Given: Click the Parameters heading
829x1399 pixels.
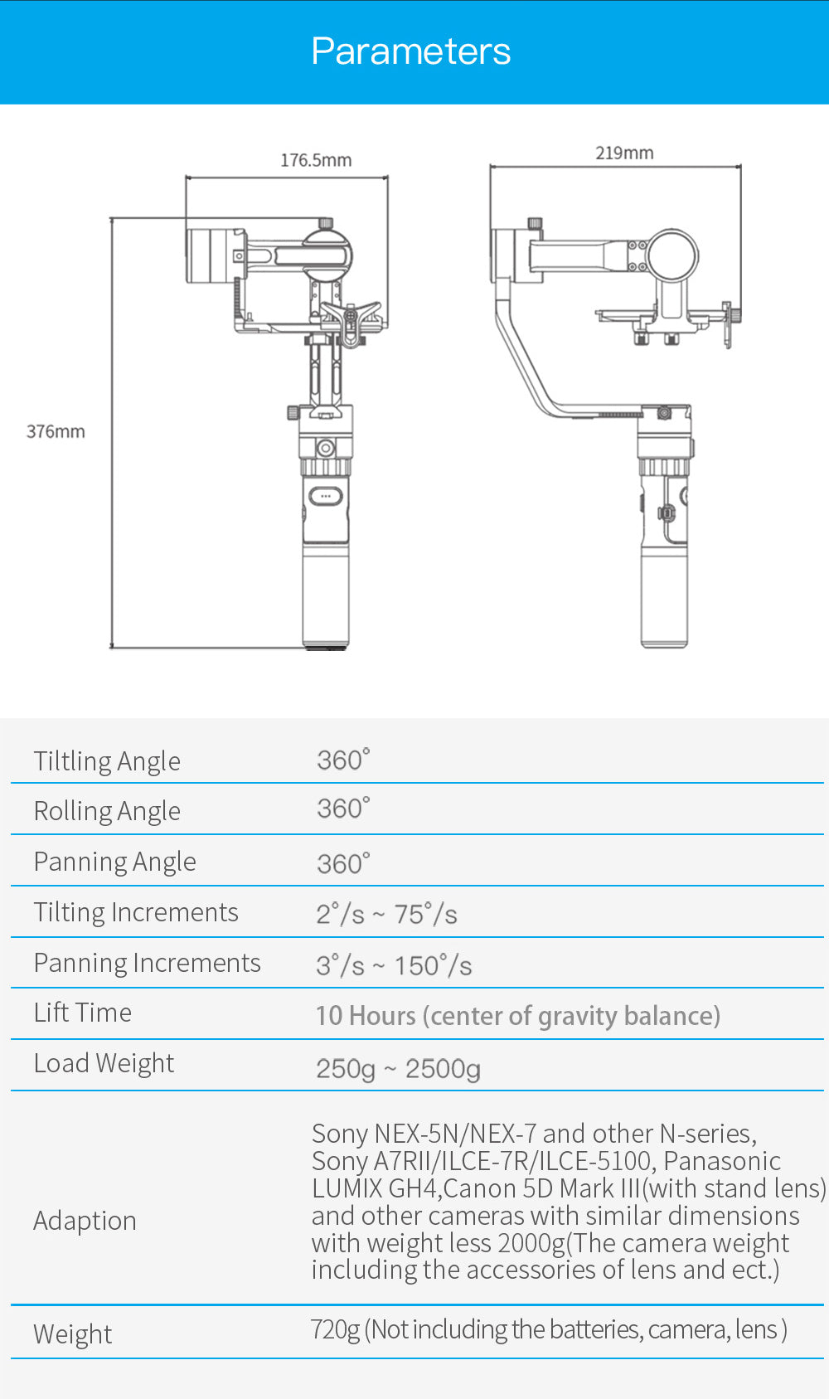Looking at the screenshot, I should [x=410, y=51].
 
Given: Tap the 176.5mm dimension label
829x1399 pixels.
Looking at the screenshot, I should [x=315, y=160].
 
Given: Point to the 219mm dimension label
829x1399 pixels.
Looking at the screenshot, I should [x=624, y=153].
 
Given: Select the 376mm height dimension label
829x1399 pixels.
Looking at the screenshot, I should [x=56, y=431].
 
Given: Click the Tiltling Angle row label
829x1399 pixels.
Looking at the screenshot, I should [x=107, y=760].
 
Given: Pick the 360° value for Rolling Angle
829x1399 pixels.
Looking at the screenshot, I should [x=343, y=809].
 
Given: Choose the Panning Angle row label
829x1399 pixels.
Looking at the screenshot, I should [x=114, y=862].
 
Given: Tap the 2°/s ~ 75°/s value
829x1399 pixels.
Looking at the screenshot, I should [x=386, y=914].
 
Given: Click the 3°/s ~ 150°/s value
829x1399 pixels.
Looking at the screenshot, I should [x=394, y=965].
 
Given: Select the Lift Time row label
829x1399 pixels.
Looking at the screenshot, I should [x=82, y=1013].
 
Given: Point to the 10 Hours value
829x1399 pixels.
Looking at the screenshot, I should [x=366, y=1016].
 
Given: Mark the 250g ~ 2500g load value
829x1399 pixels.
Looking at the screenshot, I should [x=398, y=1068].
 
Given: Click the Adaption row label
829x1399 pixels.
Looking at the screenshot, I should [x=85, y=1221].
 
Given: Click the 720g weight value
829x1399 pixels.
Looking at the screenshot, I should [x=336, y=1329].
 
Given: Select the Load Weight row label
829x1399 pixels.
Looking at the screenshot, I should [x=104, y=1063].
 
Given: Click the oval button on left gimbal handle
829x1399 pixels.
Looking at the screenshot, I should [x=325, y=496].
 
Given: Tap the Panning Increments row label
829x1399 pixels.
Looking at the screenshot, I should [x=147, y=963].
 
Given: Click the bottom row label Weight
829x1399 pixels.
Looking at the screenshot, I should [x=72, y=1334].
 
